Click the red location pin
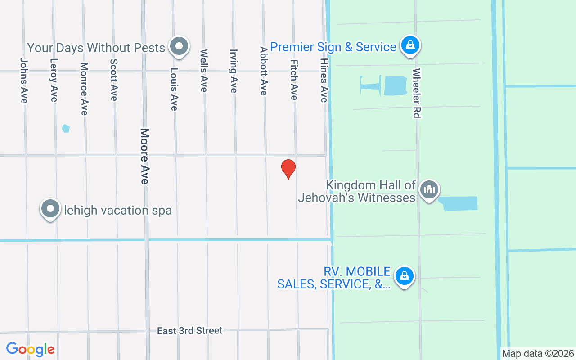[x=288, y=169]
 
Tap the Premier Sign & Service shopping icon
[x=410, y=45]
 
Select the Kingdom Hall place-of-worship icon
[x=429, y=189]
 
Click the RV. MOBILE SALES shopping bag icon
[x=404, y=276]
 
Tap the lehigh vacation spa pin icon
[x=50, y=209]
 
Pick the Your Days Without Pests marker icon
[x=179, y=46]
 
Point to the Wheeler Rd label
[x=416, y=93]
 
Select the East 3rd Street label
[x=189, y=331]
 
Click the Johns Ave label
[x=24, y=81]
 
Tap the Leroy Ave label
[x=54, y=81]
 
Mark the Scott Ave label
[x=114, y=81]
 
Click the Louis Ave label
[x=174, y=89]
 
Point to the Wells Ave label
[x=204, y=71]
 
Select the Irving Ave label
[x=234, y=71]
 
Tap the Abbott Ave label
[x=264, y=71]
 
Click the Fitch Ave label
[x=294, y=80]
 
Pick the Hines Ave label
[x=324, y=80]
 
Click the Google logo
[x=30, y=349]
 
